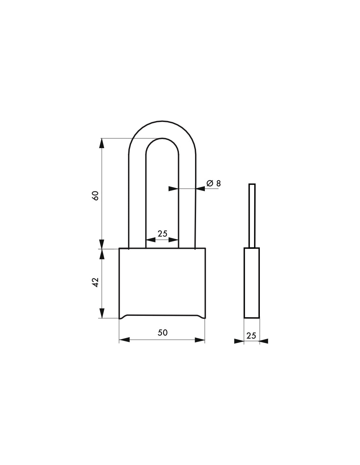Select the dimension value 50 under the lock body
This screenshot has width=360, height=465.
pos(163,332)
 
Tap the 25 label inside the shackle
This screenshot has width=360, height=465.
pos(162,233)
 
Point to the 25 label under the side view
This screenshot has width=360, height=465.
pos(251,336)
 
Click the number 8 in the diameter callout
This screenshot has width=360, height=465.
pos(218,183)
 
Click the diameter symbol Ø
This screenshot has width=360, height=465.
pos(210,183)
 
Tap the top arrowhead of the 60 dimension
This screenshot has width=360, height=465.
pos(102,143)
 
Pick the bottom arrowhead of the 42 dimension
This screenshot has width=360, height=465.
pos(102,313)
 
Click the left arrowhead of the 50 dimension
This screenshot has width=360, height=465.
pos(124,340)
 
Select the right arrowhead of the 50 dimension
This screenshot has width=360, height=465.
pos(200,340)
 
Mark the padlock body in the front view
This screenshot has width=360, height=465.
pos(162,281)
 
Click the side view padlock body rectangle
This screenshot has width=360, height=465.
pos(252,283)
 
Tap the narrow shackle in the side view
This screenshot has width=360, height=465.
pos(252,216)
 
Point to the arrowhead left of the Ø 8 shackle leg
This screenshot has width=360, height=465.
pos(173,189)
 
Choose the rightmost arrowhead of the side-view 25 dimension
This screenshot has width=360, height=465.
pos(264,341)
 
